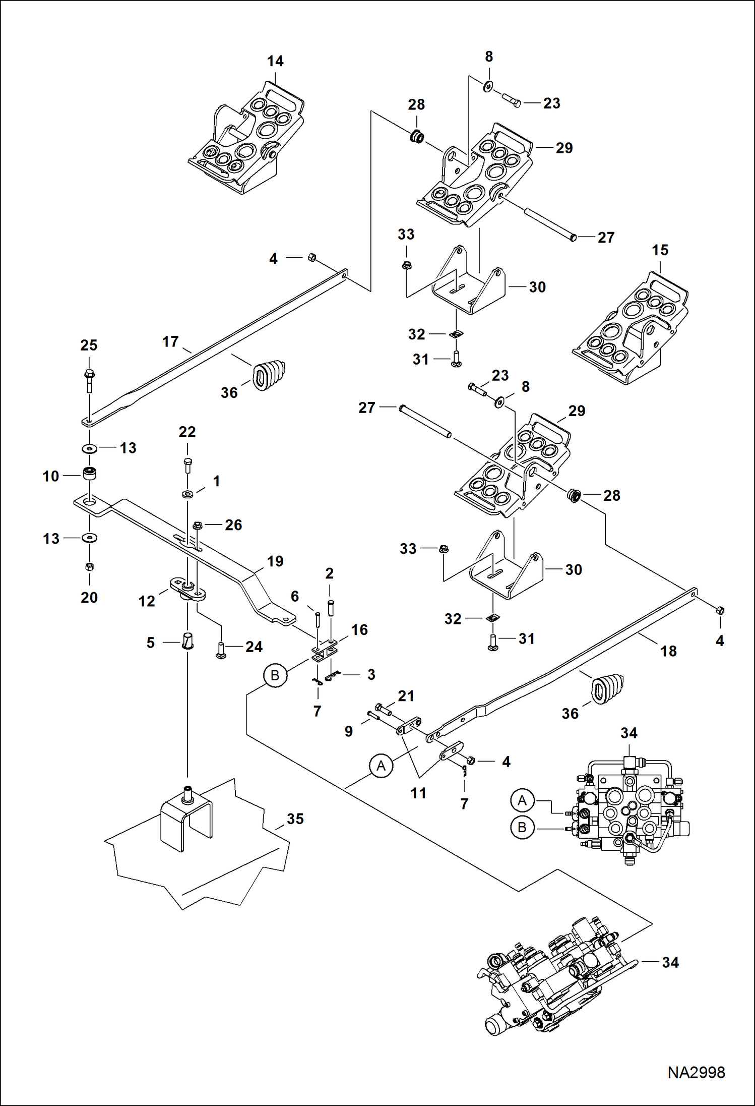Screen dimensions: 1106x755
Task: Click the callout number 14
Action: point(275,61)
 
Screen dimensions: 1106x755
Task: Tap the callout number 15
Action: point(660,250)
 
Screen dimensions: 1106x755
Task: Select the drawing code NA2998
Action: point(696,1072)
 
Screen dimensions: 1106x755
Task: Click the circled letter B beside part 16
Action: point(275,675)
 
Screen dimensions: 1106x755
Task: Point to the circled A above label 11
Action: point(381,766)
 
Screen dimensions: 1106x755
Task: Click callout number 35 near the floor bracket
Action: point(295,819)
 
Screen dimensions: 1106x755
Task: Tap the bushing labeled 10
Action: point(90,474)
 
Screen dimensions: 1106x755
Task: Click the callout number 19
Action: point(275,561)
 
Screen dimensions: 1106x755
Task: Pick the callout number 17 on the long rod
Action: point(170,342)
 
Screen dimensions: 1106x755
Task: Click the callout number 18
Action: point(668,651)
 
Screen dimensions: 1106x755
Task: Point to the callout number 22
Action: point(187,432)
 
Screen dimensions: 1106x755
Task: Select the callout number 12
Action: point(147,601)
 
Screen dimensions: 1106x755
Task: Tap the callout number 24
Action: point(254,647)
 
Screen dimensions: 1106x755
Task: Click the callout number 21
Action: point(406,696)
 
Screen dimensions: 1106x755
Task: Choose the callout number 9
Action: point(349,731)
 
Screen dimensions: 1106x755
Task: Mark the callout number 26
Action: point(233,525)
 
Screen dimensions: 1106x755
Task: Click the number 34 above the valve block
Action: point(628,733)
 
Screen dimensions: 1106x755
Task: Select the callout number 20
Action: point(89,598)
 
